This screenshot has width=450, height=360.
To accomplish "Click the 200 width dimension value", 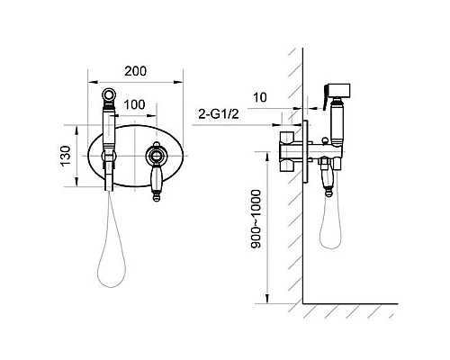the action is [136, 71].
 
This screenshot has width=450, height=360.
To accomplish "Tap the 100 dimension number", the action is [134, 104].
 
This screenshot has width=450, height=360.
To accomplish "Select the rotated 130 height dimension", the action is [66, 156].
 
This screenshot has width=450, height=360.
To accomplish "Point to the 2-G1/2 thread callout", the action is [219, 114].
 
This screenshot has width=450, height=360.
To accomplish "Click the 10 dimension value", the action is [260, 97].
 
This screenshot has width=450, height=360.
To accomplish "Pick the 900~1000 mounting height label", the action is [256, 219].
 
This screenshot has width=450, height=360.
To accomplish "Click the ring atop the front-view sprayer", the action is [109, 94].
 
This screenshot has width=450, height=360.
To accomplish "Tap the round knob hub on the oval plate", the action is [156, 156].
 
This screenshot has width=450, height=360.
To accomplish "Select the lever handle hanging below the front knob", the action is [156, 183].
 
